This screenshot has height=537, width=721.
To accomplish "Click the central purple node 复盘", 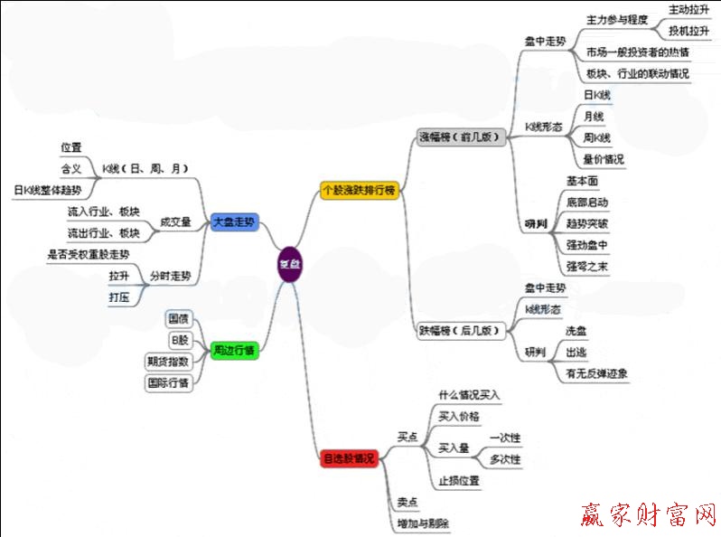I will (x=288, y=264).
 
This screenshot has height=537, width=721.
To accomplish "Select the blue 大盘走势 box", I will (x=235, y=221).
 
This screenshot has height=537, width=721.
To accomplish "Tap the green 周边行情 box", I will (x=234, y=349).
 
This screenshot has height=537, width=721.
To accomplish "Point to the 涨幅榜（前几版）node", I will (x=460, y=137).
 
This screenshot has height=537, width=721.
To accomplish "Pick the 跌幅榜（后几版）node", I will (x=460, y=331).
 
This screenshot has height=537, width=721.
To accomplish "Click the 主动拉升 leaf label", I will (x=688, y=9).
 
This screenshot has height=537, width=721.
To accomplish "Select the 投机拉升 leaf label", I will (x=688, y=31).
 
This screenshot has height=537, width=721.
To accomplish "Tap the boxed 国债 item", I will (x=178, y=318).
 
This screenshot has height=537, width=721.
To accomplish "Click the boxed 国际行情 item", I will (x=168, y=382).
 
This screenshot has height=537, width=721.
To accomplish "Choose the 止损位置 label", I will (x=458, y=480).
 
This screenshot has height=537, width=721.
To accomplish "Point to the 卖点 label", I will (x=407, y=503).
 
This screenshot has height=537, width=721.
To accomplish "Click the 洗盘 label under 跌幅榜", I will (x=575, y=332).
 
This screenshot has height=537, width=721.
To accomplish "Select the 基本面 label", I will (x=582, y=181).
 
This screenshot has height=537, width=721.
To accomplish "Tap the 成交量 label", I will (x=174, y=221).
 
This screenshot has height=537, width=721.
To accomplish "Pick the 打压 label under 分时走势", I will (x=118, y=296).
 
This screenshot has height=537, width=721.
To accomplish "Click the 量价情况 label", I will (x=604, y=159).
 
